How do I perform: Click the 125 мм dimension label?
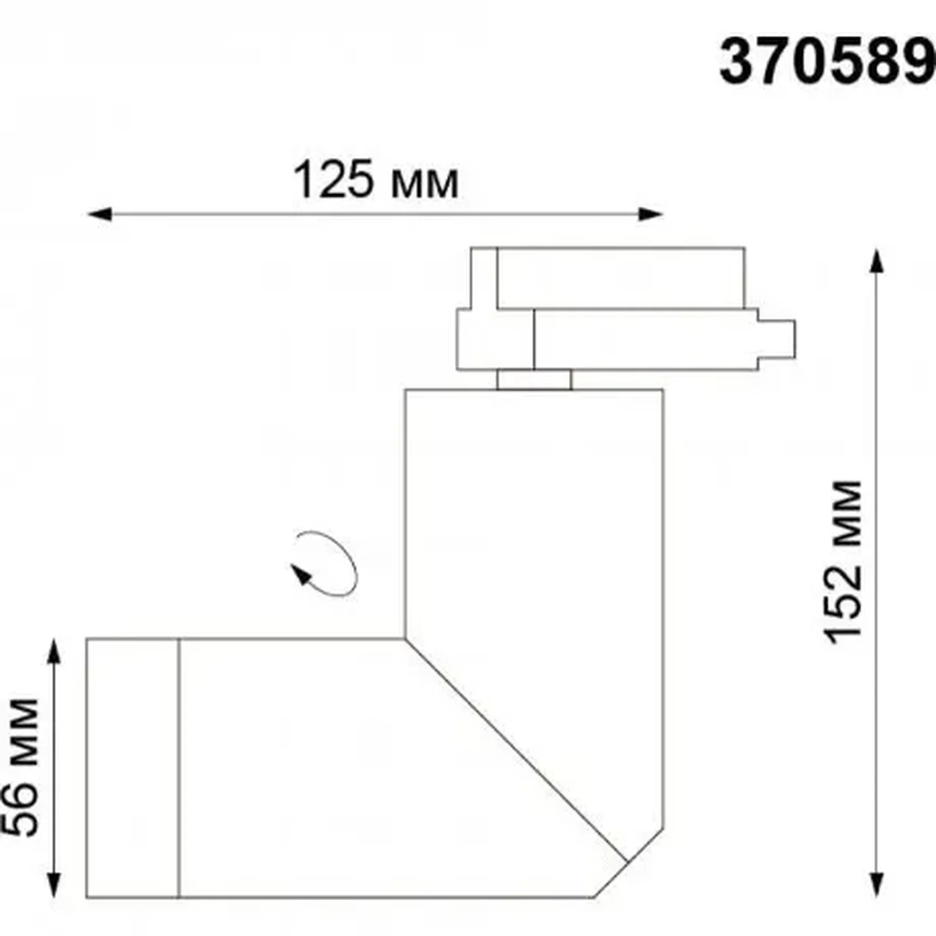coord(375,180)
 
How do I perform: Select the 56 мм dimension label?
coord(21,767)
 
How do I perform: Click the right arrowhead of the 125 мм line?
coord(651,214)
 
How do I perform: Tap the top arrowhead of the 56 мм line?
coord(53,651)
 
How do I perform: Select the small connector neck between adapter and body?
coord(534,379)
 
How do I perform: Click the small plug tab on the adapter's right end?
coord(777,340)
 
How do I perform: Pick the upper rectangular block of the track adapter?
coord(620,278)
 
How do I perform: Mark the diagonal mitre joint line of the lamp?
coord(517,751)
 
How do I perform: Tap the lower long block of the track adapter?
coord(645,340)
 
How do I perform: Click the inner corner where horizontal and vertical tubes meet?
coord(405,638)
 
